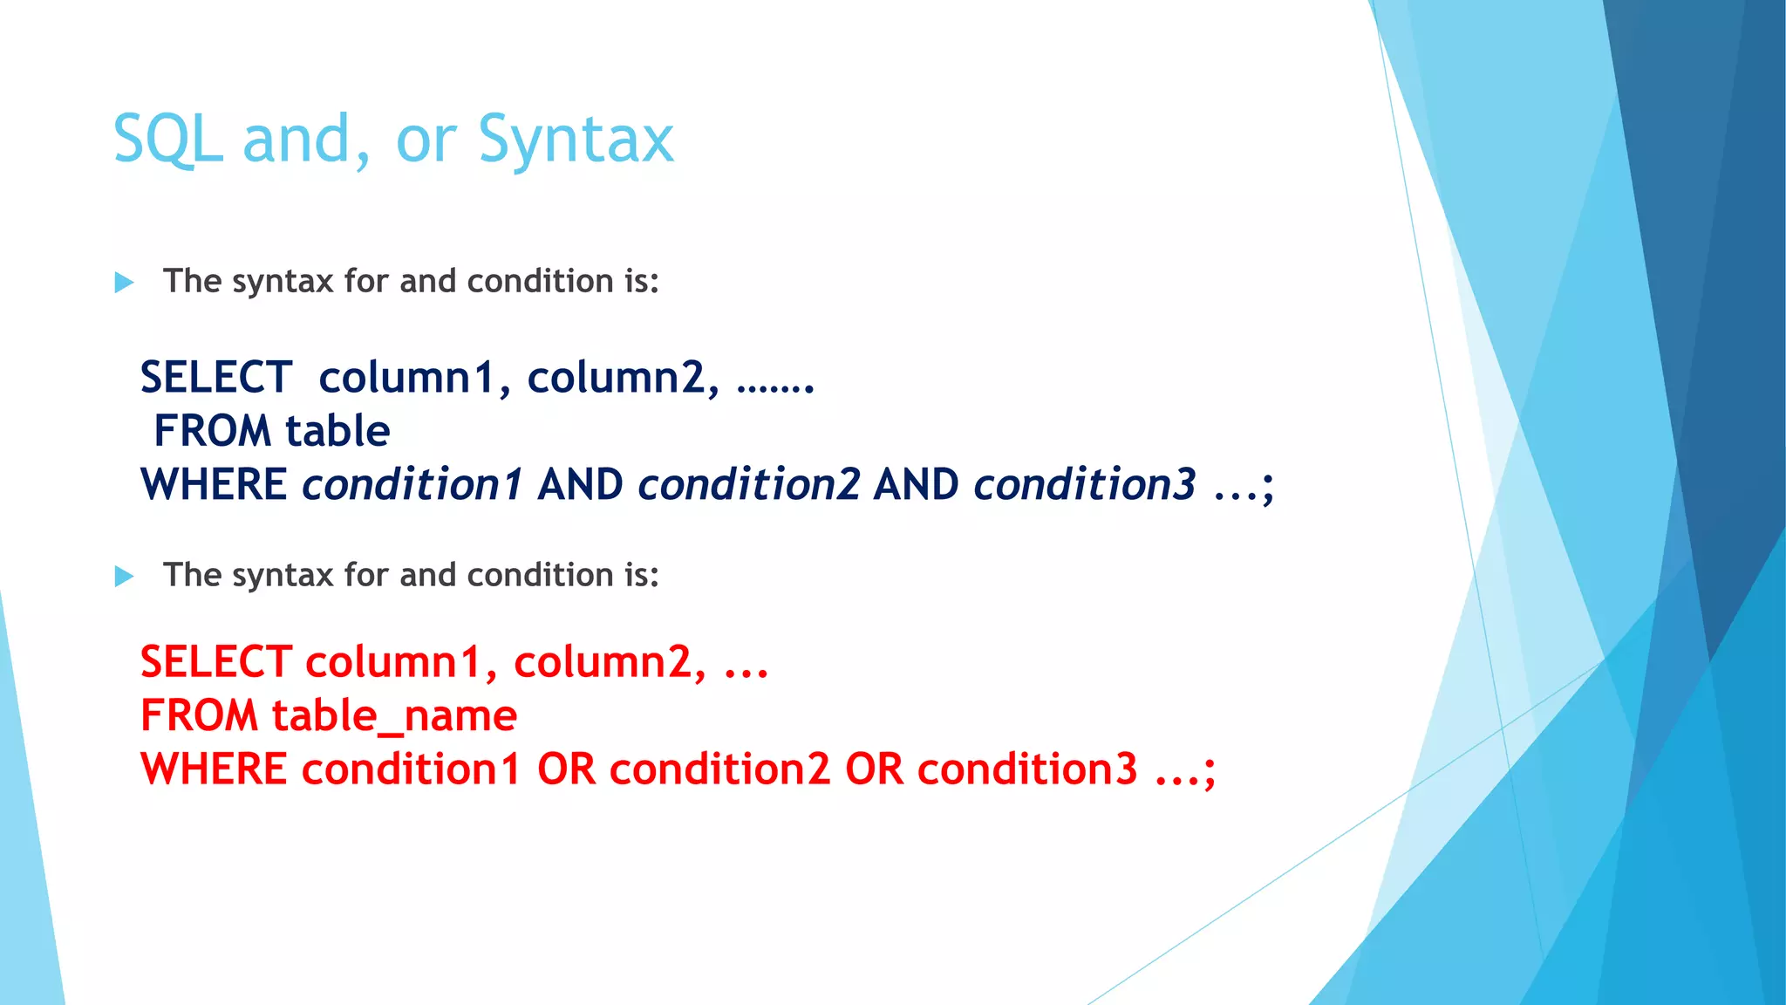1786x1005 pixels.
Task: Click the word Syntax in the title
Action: click(576, 140)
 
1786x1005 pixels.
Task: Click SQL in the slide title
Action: click(167, 140)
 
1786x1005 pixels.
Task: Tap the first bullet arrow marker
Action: click(125, 283)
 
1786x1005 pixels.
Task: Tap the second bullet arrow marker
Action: click(125, 577)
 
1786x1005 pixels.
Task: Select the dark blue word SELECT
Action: click(216, 378)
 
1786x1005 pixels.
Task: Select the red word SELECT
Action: click(216, 662)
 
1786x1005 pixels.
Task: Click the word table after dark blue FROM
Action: click(337, 431)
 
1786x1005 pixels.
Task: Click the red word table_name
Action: click(394, 716)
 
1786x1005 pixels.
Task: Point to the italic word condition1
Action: click(412, 485)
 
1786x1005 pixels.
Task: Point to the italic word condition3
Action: click(1084, 485)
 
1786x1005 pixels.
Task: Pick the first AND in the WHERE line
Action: click(580, 485)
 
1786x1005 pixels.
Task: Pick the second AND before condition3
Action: click(916, 485)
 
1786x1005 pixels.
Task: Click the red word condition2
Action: click(719, 769)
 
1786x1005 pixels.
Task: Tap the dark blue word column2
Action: click(623, 378)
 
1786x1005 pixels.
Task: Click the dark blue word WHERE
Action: click(214, 485)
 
